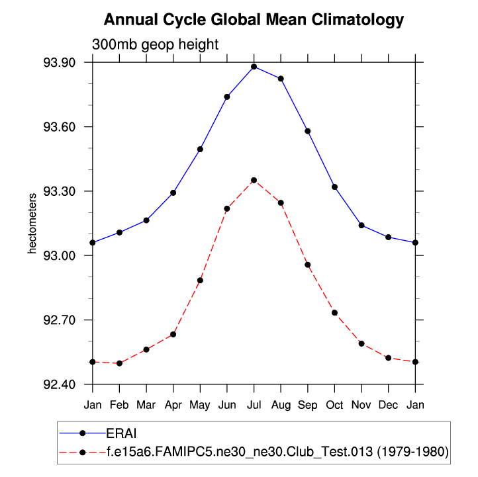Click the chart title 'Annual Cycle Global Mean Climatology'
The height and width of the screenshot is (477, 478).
coord(254,21)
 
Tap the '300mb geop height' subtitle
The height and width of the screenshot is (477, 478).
coord(155,45)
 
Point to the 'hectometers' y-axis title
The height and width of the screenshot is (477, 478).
coord(32,224)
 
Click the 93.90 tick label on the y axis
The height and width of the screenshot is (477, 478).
coord(59,63)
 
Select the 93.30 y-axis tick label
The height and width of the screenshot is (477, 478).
coord(59,191)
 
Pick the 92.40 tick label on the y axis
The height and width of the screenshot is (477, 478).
coord(59,384)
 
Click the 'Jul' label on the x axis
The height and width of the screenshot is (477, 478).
coord(254,404)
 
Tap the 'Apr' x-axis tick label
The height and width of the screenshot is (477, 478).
coord(173,404)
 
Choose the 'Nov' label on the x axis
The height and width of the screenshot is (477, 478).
coord(361,404)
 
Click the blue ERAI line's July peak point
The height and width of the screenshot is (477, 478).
coord(254,67)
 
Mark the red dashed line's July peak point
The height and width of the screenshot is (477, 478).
coord(254,180)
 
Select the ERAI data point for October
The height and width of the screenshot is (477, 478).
coord(334,187)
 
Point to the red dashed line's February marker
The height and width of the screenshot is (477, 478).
coord(119,363)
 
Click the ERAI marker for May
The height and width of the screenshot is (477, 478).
coord(200,150)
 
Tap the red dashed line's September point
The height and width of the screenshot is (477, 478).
coord(308,265)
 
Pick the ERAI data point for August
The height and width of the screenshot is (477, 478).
coord(281,79)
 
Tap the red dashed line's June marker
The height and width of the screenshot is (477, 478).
coord(227,208)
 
